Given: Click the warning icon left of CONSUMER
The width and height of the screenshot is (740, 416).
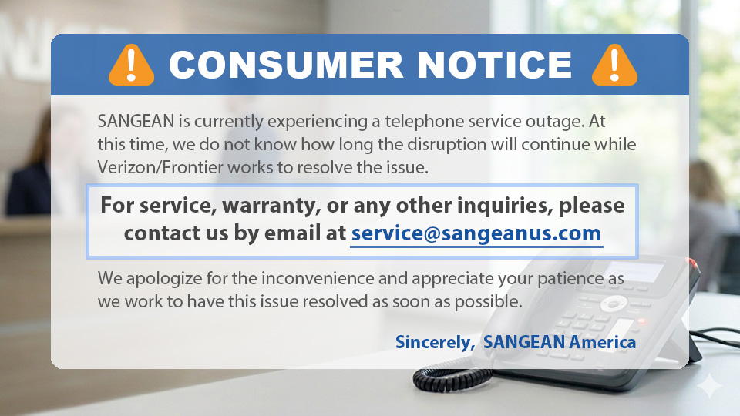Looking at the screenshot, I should point(132,64).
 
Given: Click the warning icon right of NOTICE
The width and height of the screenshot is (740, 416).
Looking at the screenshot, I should point(614,64).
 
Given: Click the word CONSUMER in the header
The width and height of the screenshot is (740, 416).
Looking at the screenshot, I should point(285,65).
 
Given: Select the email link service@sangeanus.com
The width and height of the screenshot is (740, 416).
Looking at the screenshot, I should point(476,233).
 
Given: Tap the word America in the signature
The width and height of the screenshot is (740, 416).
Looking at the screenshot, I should point(602,341).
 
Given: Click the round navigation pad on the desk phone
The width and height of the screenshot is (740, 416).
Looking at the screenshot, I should point(614,302).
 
